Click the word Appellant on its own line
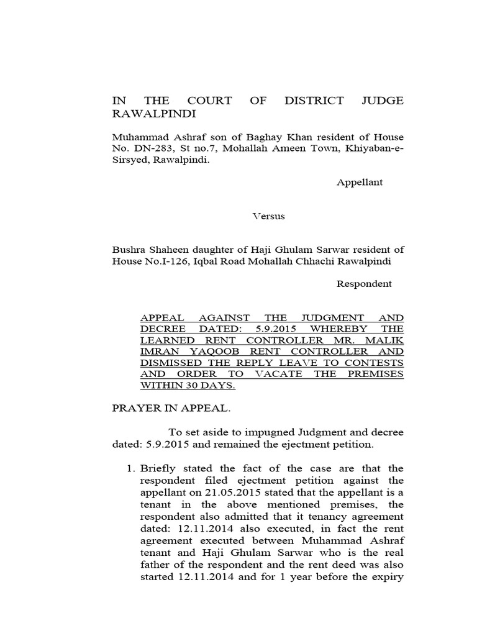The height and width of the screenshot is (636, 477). pyautogui.click(x=360, y=183)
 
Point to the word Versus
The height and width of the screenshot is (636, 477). pyautogui.click(x=268, y=216)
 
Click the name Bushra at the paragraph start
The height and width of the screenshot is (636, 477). pyautogui.click(x=127, y=250)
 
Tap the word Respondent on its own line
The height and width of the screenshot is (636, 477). pyautogui.click(x=364, y=284)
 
